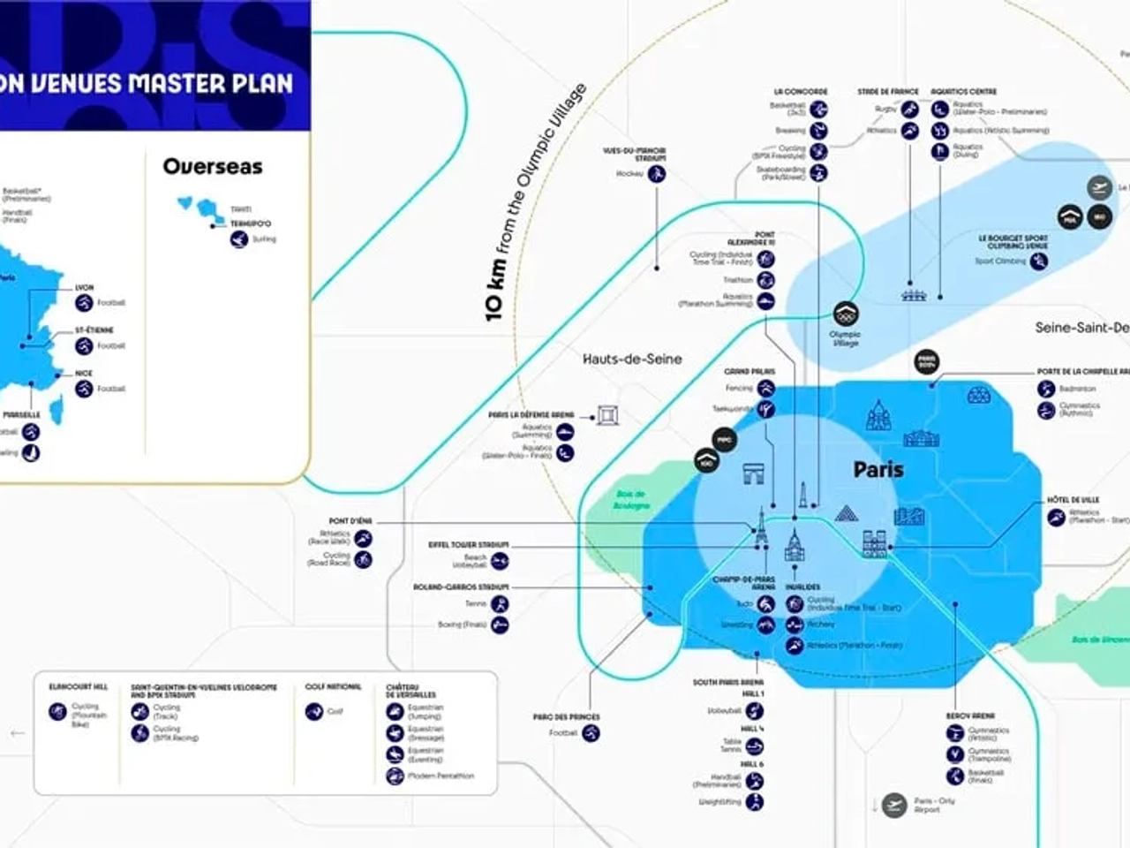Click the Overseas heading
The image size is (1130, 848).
213,166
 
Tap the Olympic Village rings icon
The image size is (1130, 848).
845,314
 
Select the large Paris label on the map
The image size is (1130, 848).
878,469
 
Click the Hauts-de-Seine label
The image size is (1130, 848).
632,359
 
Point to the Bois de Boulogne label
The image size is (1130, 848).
631,500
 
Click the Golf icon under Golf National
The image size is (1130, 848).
313,711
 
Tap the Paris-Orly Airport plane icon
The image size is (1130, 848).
894,805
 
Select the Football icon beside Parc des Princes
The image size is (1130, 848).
591,732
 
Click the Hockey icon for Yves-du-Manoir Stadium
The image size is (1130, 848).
656,174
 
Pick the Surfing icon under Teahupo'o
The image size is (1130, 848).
238,238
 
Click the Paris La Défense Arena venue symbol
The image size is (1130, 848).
607,414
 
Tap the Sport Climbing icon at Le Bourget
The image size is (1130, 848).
1039,261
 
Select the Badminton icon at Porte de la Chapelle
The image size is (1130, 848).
1046,389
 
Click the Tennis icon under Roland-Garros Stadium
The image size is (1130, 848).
500,604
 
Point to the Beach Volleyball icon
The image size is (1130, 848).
500,561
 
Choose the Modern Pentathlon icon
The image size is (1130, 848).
395,776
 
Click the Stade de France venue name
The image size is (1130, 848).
887,92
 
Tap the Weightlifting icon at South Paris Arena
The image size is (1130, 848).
754,802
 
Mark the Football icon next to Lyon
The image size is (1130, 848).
84,302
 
